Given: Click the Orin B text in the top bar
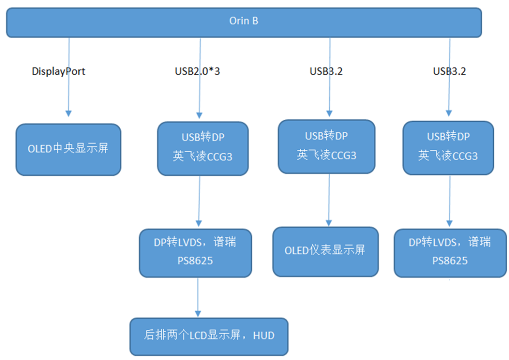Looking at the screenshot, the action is point(244,21).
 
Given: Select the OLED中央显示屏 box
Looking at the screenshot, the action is point(68,149).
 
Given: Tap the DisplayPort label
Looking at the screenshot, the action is point(58,72).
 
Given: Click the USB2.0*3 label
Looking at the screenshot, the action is point(197,71).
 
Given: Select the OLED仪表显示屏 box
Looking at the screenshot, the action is point(326,252).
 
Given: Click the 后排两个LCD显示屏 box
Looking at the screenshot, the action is point(209,336).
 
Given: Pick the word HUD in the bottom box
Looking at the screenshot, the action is point(263,335).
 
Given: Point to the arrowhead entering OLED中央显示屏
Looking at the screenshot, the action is point(68,113).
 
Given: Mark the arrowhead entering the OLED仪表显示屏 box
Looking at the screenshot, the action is point(329,223).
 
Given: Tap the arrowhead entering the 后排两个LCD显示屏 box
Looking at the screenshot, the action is point(198,313).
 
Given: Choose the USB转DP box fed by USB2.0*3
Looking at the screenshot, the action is point(203,149).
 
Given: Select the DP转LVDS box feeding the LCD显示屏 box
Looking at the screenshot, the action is point(196,253).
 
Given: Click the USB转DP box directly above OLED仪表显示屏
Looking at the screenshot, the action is point(327,147).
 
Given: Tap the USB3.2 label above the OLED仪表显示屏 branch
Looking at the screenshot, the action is point(326,71).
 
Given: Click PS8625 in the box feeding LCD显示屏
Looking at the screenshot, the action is point(195,261).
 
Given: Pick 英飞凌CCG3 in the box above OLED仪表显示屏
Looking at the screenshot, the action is point(327,155).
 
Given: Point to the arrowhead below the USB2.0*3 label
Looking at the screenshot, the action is point(199,115).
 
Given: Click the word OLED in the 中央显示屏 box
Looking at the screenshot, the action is point(40,149).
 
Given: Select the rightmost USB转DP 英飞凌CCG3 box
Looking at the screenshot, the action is point(448,148).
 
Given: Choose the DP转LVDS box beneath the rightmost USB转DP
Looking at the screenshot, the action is point(450,253).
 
